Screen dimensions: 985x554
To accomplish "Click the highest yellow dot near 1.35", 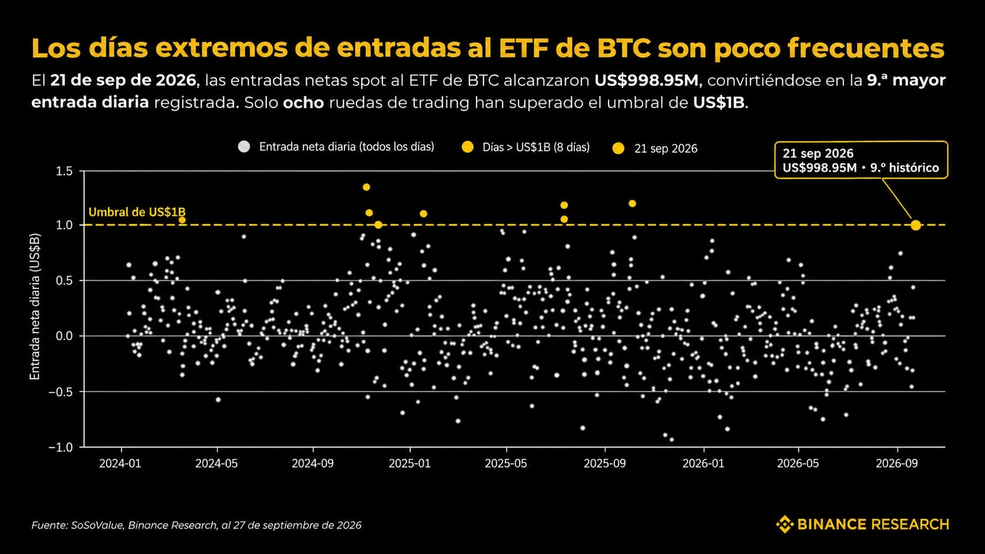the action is [x=366, y=187].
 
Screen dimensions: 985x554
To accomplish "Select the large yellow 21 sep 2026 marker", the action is [x=915, y=225].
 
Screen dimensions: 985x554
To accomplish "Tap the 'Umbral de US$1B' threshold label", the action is [x=137, y=212].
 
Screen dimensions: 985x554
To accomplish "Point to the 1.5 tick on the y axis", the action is [x=64, y=171].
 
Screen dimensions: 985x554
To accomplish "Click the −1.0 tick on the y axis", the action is [x=61, y=447].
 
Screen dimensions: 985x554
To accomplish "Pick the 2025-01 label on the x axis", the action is [x=410, y=463].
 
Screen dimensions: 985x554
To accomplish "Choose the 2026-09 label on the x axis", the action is [x=897, y=463].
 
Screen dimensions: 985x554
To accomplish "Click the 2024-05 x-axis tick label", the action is [x=216, y=463].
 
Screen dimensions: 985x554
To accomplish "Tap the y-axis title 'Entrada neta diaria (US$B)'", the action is [x=35, y=306].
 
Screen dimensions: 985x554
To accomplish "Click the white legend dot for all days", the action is [x=244, y=147].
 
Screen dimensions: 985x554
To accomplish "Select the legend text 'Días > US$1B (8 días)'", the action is [x=536, y=147].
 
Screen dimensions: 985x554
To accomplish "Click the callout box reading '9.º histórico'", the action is [x=861, y=160].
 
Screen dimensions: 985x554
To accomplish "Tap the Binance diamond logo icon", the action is [x=785, y=524].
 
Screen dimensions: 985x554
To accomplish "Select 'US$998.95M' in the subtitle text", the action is [x=646, y=81].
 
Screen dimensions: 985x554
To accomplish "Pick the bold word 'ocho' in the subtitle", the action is [x=303, y=102].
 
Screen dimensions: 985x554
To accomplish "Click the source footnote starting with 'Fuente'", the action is [x=196, y=525].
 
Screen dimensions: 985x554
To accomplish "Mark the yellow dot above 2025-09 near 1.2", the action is [x=632, y=204].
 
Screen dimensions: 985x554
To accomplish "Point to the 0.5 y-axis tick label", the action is [x=64, y=280].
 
